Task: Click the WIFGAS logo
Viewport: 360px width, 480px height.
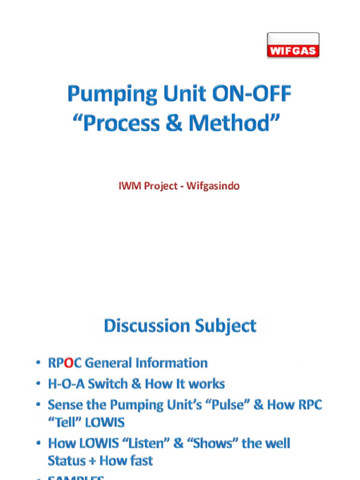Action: [293, 45]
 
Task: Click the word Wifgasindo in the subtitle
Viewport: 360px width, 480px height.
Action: [213, 186]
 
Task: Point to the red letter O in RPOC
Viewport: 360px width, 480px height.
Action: [68, 363]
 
